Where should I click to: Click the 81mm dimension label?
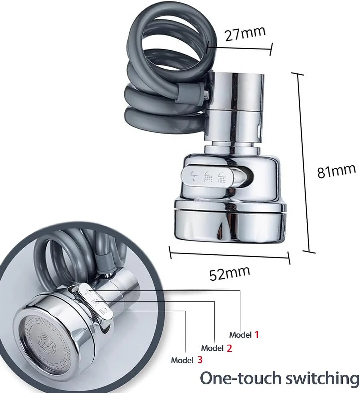(336, 171)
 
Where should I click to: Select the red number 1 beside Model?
(257, 334)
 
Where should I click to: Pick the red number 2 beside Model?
(229, 348)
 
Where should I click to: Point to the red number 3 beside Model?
(200, 360)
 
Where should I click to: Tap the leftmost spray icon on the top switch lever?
(194, 176)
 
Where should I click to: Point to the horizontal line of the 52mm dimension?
(230, 255)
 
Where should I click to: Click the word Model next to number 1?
(240, 335)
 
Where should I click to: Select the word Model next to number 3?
(182, 360)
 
